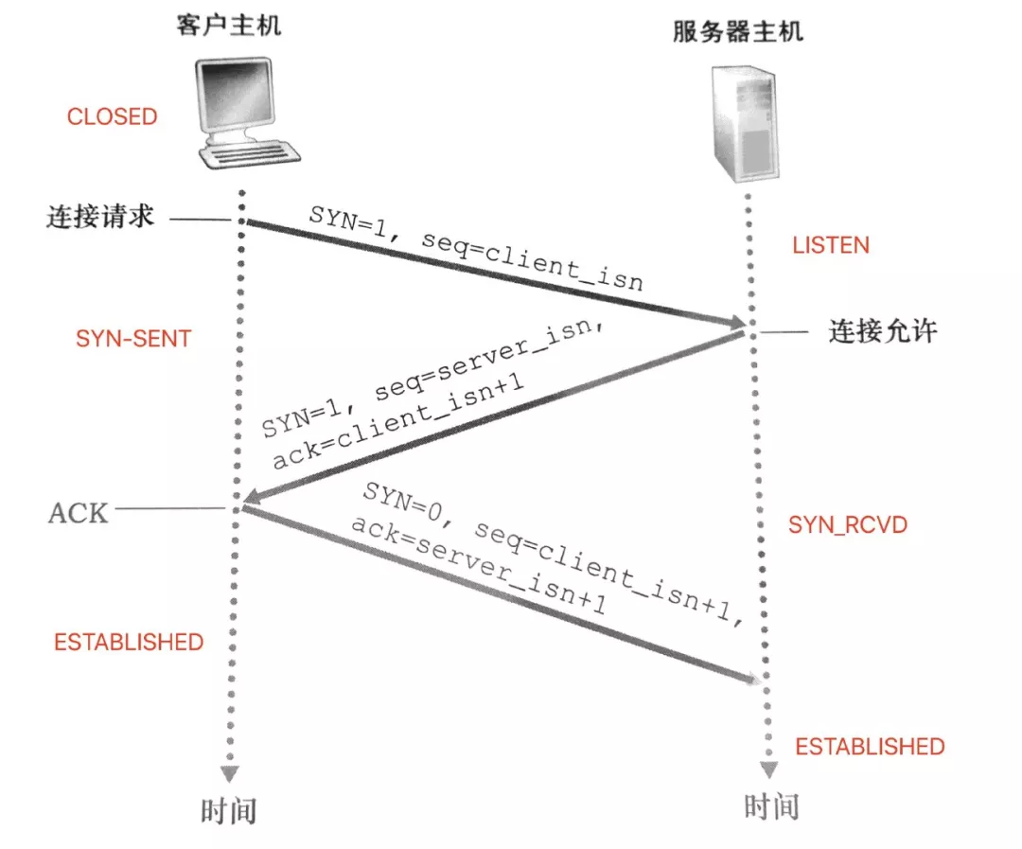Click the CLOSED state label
tap(112, 116)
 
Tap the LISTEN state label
tap(830, 245)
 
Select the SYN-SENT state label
tap(133, 339)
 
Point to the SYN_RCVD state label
tap(848, 524)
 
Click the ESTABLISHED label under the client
tap(129, 642)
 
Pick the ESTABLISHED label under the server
tap(870, 747)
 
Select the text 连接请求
tap(99, 218)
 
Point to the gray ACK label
tap(79, 512)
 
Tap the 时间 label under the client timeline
tap(229, 810)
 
